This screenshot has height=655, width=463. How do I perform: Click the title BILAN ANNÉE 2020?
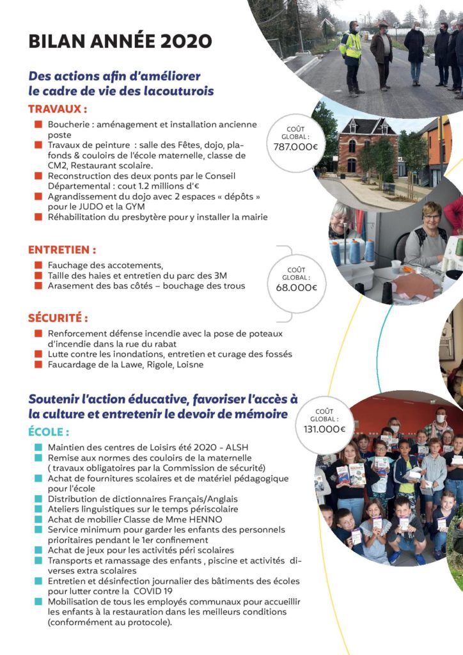point(120,42)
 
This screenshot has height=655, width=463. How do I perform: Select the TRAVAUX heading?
point(58,109)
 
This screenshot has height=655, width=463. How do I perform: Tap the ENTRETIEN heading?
point(62,249)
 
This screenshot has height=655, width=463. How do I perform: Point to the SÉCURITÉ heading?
point(58,318)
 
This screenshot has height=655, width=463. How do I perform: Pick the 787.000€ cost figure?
point(295,147)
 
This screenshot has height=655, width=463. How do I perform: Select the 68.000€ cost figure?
point(295,287)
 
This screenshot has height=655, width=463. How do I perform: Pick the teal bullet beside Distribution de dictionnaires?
point(38,499)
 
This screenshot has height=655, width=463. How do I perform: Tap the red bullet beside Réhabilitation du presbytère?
point(38,217)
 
